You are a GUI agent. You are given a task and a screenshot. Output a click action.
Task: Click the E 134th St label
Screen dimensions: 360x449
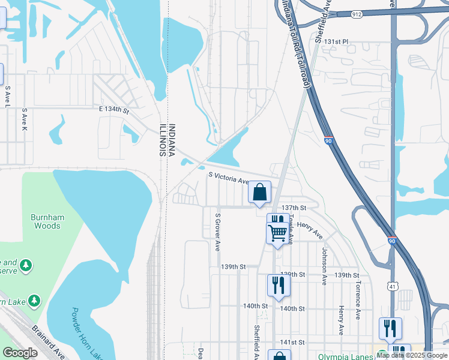click(114, 110)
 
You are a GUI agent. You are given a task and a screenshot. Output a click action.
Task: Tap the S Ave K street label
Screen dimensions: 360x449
click(25, 120)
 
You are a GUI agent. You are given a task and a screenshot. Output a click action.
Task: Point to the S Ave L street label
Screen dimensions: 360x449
click(8, 97)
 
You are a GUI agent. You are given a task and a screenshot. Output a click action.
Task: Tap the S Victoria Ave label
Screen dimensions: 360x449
click(228, 178)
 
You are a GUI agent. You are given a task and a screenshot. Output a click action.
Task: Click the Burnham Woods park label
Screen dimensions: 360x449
click(46, 221)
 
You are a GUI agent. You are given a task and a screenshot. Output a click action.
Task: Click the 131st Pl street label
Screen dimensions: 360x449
click(337, 42)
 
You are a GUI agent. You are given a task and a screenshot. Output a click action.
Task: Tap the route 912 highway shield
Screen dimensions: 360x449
click(357, 13)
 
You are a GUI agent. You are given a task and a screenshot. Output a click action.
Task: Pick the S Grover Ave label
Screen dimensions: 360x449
click(218, 232)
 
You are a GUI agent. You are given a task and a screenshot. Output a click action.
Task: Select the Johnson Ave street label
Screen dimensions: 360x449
click(324, 266)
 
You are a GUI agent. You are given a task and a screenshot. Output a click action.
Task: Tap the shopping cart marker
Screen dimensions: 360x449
click(277, 232)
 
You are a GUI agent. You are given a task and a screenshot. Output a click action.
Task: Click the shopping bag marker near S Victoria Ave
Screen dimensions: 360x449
click(260, 193)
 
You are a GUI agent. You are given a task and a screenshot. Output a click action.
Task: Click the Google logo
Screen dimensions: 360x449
click(20, 353)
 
